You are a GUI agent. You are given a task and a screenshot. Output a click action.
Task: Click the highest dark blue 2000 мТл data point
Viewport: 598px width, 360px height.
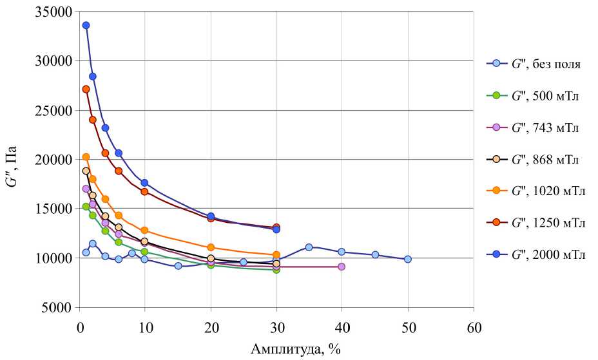(x=86, y=26)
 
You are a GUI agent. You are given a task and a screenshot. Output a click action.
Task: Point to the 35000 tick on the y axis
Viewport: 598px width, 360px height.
(x=54, y=12)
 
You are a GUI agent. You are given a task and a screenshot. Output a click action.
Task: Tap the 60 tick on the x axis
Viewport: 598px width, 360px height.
(x=474, y=327)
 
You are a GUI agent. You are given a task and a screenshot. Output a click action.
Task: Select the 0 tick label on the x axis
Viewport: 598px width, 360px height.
(x=79, y=327)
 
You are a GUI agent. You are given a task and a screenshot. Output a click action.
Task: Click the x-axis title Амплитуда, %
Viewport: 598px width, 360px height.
(x=295, y=349)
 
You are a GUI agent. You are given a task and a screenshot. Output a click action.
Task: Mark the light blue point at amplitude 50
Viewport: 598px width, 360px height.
(x=407, y=259)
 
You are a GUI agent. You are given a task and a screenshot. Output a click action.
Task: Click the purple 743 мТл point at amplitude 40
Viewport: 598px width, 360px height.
(x=342, y=267)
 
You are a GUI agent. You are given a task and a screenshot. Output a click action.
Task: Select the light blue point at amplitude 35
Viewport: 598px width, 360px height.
(x=309, y=247)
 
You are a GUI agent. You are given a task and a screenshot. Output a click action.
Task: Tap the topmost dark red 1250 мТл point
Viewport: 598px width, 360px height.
(x=86, y=90)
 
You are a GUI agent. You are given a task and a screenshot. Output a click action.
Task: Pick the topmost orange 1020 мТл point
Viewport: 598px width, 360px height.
(x=86, y=157)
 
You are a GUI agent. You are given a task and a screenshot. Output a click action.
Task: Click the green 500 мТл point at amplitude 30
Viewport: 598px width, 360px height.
(x=276, y=270)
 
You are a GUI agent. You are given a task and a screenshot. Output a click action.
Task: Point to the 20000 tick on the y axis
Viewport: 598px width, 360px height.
(x=54, y=160)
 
